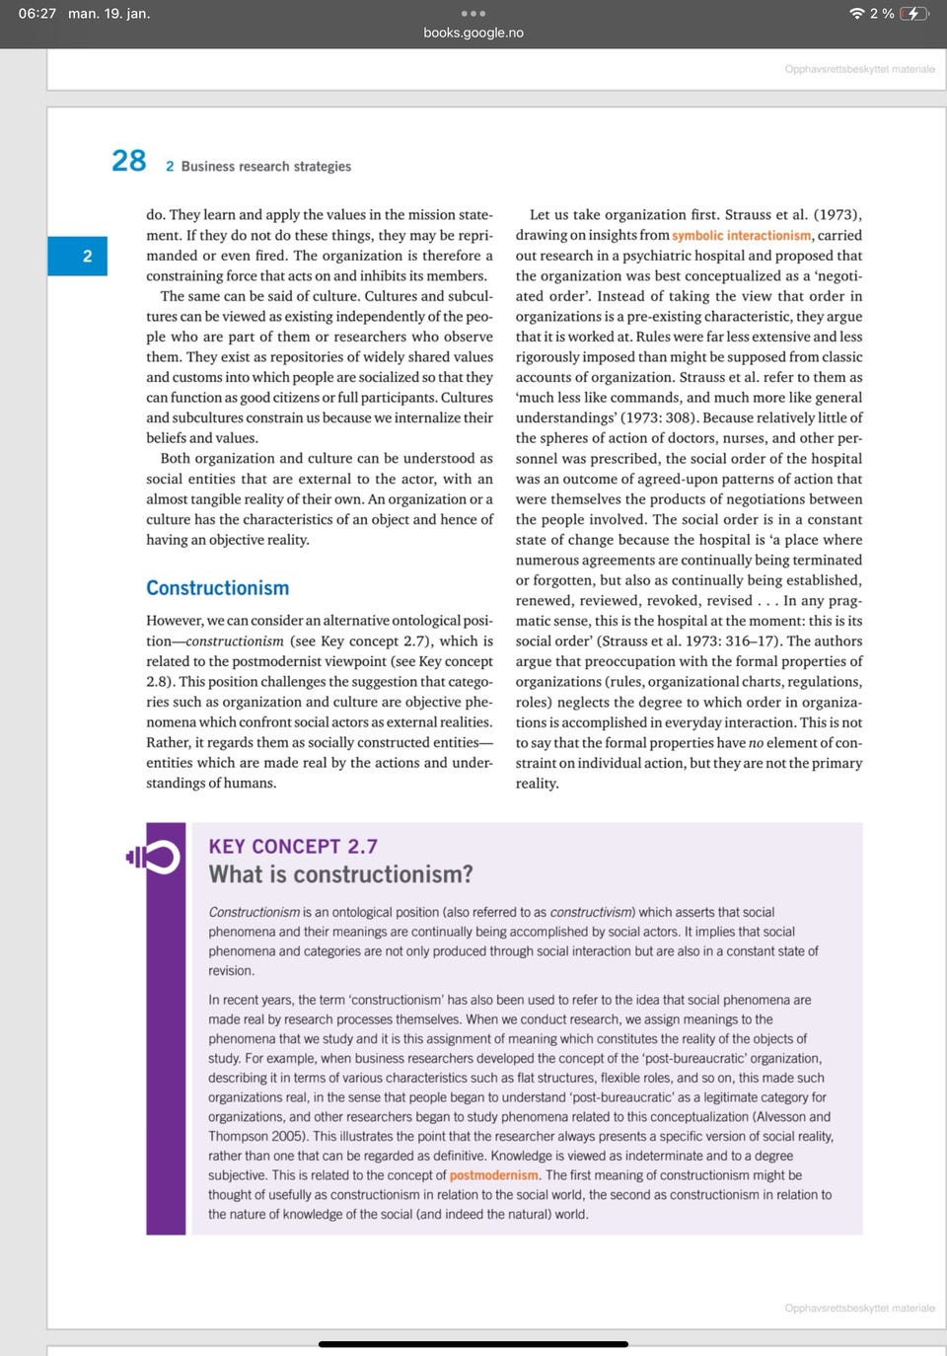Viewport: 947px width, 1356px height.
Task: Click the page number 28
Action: (x=128, y=161)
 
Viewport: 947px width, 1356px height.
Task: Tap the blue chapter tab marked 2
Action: (x=87, y=257)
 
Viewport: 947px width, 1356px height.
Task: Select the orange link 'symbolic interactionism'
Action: (x=742, y=236)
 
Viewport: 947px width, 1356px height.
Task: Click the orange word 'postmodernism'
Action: (x=493, y=1175)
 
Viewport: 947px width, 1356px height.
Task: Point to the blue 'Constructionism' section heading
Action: (x=218, y=588)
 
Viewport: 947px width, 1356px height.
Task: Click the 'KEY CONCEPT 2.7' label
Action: (x=293, y=847)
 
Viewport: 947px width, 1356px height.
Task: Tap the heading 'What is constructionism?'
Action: (x=340, y=874)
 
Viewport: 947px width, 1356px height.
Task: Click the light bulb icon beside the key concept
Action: (x=154, y=858)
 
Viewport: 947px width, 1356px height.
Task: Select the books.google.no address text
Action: (x=473, y=33)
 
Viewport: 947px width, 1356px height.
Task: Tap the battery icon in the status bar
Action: (x=913, y=14)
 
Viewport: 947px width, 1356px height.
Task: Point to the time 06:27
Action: (x=37, y=14)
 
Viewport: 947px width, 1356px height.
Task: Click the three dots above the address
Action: (x=473, y=14)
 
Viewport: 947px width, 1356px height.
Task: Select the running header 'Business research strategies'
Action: (x=265, y=167)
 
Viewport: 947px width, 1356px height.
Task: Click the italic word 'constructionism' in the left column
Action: (x=234, y=641)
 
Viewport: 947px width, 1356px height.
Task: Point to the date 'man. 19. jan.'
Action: (x=109, y=14)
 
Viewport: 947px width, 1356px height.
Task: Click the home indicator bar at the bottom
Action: (x=473, y=1343)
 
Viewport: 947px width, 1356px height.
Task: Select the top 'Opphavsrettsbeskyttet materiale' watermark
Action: (x=859, y=69)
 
